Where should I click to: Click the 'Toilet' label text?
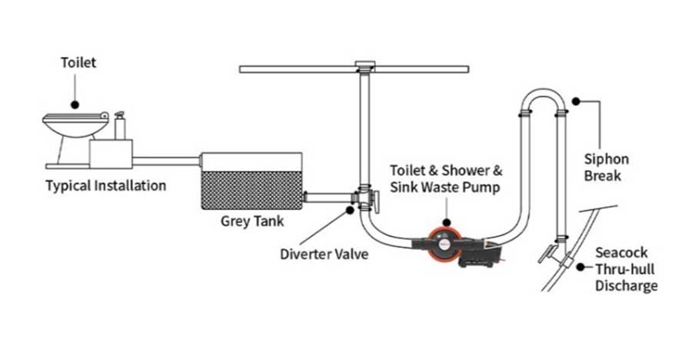point(78,62)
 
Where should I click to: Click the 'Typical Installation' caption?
point(105,185)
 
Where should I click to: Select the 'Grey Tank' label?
point(252,222)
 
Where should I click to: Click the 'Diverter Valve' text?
point(324,253)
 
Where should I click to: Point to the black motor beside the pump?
point(480,255)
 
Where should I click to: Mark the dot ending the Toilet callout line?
point(75,103)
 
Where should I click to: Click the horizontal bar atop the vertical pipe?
point(354,69)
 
